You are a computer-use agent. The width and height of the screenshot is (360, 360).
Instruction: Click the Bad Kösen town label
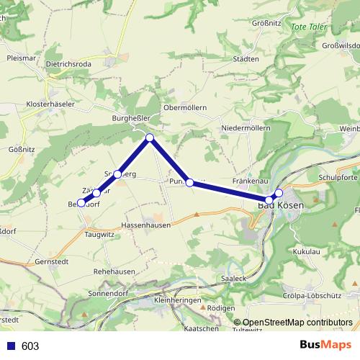(x=281, y=207)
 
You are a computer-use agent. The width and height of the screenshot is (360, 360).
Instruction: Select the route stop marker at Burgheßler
(x=150, y=138)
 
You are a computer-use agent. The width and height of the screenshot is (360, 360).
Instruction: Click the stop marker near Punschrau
(x=189, y=183)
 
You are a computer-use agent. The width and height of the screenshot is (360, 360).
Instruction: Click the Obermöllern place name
(x=185, y=107)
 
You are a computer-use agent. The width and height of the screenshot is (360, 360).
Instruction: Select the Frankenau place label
(x=251, y=182)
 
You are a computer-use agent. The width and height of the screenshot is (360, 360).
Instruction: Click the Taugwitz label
(x=99, y=235)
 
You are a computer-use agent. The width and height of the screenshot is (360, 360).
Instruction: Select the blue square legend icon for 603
(x=10, y=346)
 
